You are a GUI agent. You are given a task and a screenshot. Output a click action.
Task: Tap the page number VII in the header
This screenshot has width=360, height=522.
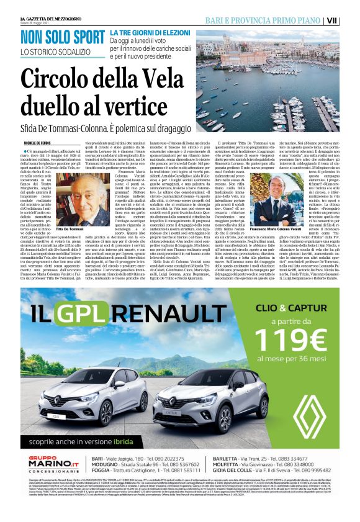(x=349, y=20)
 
